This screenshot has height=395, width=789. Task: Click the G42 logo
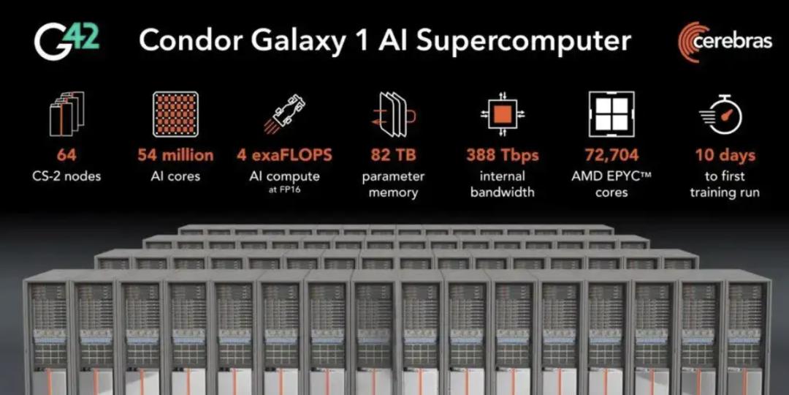point(67,42)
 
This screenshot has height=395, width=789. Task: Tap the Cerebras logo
point(725,42)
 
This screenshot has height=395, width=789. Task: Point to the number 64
point(66,155)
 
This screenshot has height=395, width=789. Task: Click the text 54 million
point(175,155)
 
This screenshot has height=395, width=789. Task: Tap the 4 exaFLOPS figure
point(284,155)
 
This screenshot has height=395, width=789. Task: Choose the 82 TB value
point(394,155)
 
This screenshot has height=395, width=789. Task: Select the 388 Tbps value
point(502,155)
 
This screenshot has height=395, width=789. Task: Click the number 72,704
point(611,155)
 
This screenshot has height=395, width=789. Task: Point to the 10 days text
point(725,155)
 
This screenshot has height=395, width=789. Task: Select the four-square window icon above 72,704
point(611,114)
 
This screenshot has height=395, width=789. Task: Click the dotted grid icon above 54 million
point(175,114)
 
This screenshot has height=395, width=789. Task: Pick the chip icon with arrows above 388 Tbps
point(502,114)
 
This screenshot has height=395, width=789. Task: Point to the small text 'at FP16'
point(284,189)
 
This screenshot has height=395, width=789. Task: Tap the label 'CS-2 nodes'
point(66,176)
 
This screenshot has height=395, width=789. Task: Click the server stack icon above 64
point(66,114)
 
